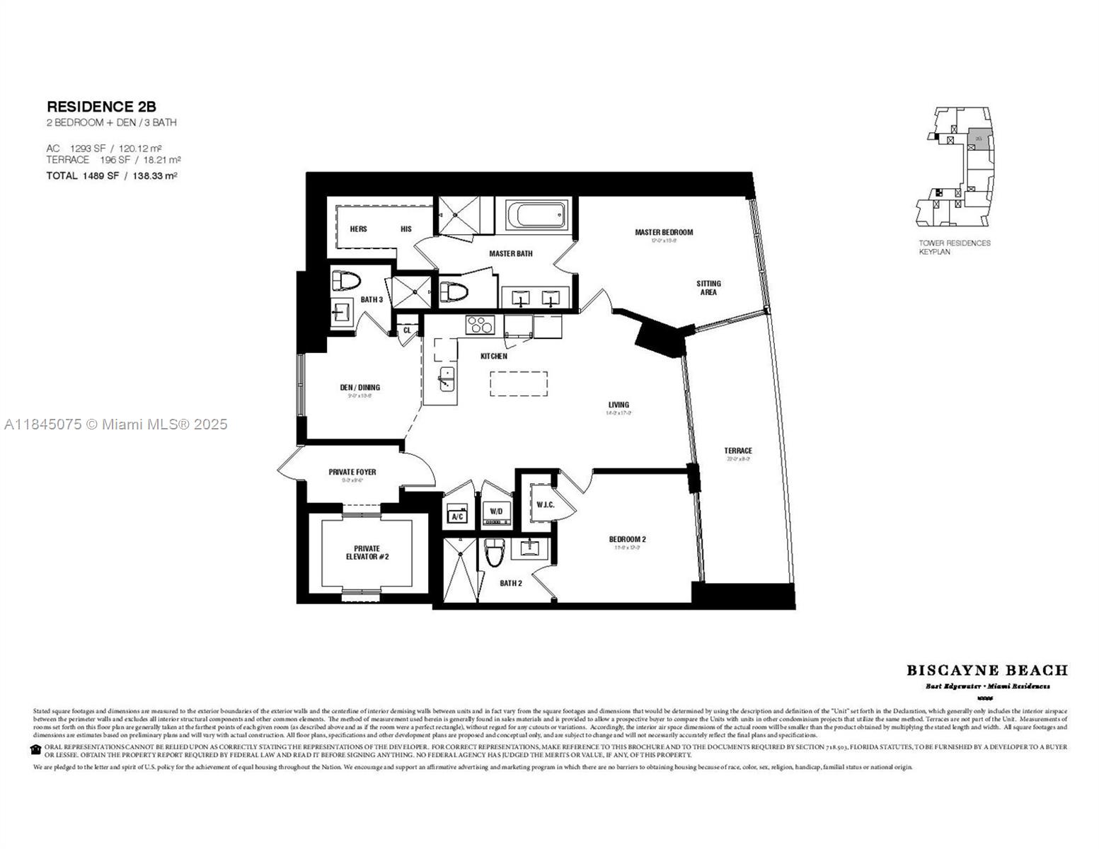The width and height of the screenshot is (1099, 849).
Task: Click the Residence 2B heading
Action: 101,107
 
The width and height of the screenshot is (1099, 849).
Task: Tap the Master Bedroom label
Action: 663,232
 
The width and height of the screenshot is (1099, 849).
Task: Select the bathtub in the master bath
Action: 537,214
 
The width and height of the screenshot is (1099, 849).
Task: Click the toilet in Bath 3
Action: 346,281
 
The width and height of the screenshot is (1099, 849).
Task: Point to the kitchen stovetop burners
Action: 479,325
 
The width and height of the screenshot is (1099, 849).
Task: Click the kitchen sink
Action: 447,379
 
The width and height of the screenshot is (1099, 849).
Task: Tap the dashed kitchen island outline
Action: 518,384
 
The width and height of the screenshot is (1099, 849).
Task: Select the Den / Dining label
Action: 359,388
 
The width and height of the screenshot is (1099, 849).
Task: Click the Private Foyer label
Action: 352,472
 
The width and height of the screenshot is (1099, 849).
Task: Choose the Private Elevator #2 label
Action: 367,553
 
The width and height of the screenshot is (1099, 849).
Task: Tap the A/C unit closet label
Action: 457,516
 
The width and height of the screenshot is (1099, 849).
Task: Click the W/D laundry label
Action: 495,511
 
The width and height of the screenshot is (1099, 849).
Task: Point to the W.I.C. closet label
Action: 545,504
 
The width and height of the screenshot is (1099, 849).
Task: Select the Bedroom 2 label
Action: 627,539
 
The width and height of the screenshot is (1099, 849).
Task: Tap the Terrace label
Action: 737,451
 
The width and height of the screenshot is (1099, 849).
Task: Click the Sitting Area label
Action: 708,288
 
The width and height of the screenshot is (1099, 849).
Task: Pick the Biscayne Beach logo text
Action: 986,670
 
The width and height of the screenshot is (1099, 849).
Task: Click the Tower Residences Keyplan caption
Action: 954,247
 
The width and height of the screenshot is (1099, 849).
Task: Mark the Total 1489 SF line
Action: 111,175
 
